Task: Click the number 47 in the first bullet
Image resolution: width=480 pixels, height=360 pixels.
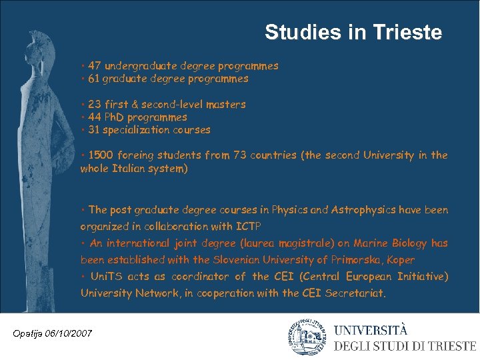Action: tap(95, 66)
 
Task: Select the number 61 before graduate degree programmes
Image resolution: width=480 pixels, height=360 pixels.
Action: tap(93, 79)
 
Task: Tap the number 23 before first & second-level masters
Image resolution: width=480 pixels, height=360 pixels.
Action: tap(94, 105)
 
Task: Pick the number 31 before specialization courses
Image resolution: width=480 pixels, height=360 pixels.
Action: tap(94, 130)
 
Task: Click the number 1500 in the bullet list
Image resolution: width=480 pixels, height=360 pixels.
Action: tap(101, 155)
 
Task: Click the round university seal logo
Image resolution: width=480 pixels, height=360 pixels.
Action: tap(307, 337)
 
